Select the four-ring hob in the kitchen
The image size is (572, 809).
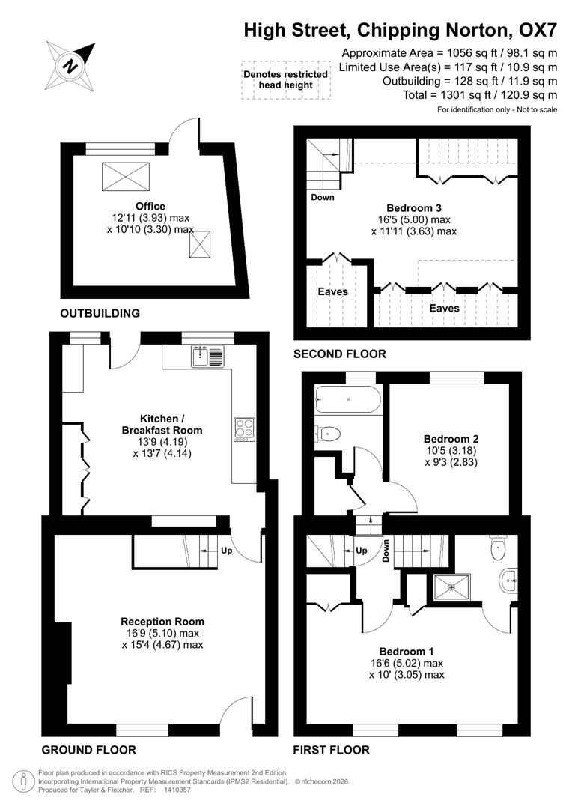(x=244, y=430)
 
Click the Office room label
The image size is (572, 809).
(x=150, y=206)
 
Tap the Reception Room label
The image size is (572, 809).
(x=162, y=621)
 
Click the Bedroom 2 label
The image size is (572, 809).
(x=451, y=439)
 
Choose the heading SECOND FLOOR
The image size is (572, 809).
(x=340, y=354)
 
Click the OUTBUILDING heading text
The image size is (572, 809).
(x=100, y=313)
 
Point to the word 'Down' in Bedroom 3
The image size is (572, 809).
(x=322, y=198)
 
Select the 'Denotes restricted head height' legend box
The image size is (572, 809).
(x=285, y=79)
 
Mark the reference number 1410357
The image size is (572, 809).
(x=177, y=790)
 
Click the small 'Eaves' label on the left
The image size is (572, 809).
(x=332, y=291)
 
